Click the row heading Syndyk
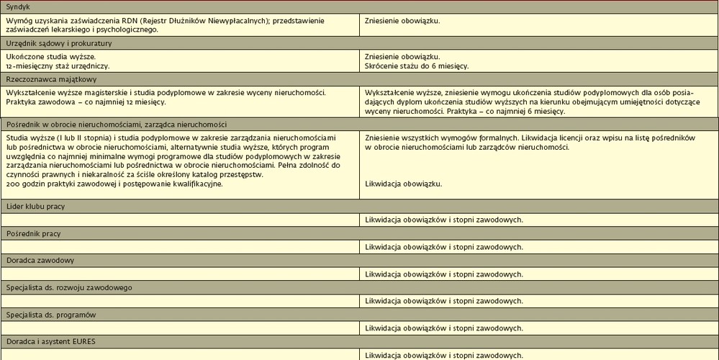tap(18, 6)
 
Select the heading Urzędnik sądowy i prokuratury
tap(59, 43)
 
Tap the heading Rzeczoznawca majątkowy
tap(51, 79)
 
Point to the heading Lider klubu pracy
tap(35, 207)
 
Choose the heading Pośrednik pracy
tap(33, 234)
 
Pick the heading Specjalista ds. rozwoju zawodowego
tap(69, 288)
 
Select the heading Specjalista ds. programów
tap(51, 315)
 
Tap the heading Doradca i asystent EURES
tap(50, 341)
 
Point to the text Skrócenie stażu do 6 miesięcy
tap(417, 66)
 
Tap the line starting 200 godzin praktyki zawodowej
tap(114, 184)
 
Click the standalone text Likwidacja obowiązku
tap(403, 184)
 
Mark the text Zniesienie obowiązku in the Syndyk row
tap(402, 21)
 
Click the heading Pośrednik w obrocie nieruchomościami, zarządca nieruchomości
tap(117, 125)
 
